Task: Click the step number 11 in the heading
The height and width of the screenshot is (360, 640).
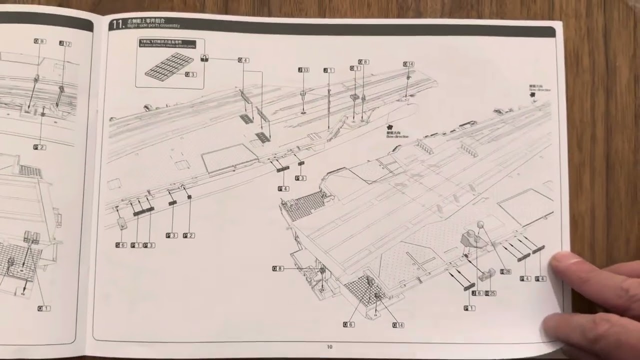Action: [x=118, y=24]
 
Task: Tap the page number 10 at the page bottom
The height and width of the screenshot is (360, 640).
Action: [x=329, y=347]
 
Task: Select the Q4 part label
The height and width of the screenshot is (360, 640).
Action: [x=243, y=60]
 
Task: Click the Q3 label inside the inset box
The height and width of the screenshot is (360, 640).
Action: [x=190, y=74]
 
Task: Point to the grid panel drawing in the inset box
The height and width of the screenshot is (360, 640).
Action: [x=169, y=65]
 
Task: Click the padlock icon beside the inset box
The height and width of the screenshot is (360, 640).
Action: [x=204, y=58]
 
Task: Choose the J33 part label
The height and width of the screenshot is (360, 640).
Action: [x=303, y=70]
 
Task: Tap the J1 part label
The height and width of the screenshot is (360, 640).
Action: [x=328, y=70]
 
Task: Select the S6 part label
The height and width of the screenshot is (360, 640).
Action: [x=121, y=245]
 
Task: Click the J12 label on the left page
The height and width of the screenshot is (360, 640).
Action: [x=65, y=44]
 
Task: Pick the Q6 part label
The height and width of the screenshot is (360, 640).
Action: [x=348, y=324]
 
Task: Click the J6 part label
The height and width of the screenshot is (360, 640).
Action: [x=477, y=293]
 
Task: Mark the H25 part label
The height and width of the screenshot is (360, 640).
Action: [x=490, y=293]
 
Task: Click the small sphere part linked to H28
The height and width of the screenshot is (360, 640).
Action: [x=481, y=224]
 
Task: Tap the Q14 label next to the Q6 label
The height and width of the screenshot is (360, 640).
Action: [x=398, y=325]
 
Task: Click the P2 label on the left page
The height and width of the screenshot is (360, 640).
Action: [x=39, y=147]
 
